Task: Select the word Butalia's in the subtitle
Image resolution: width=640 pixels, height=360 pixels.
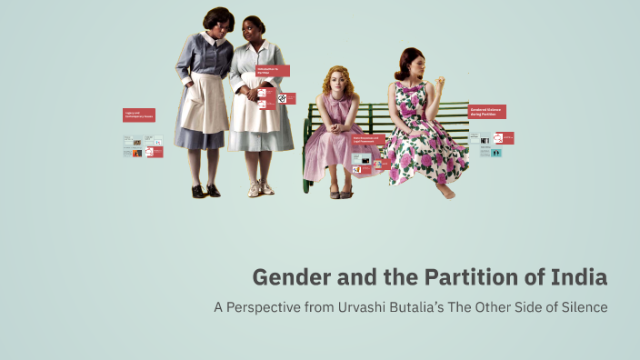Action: (x=435, y=306)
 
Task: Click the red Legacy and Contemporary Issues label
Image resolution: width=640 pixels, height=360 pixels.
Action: (x=139, y=115)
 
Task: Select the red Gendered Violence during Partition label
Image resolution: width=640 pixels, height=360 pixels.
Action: (x=486, y=112)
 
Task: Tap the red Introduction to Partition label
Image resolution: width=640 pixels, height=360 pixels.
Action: (x=272, y=70)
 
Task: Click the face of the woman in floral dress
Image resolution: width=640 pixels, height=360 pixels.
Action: (x=411, y=66)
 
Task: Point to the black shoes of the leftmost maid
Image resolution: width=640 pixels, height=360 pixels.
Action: (x=205, y=190)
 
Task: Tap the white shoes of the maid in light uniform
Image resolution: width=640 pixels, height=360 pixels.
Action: (x=260, y=188)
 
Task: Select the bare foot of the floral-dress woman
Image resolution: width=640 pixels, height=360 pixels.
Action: (x=445, y=192)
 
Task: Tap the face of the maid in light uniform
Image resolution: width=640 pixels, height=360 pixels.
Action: (x=251, y=28)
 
